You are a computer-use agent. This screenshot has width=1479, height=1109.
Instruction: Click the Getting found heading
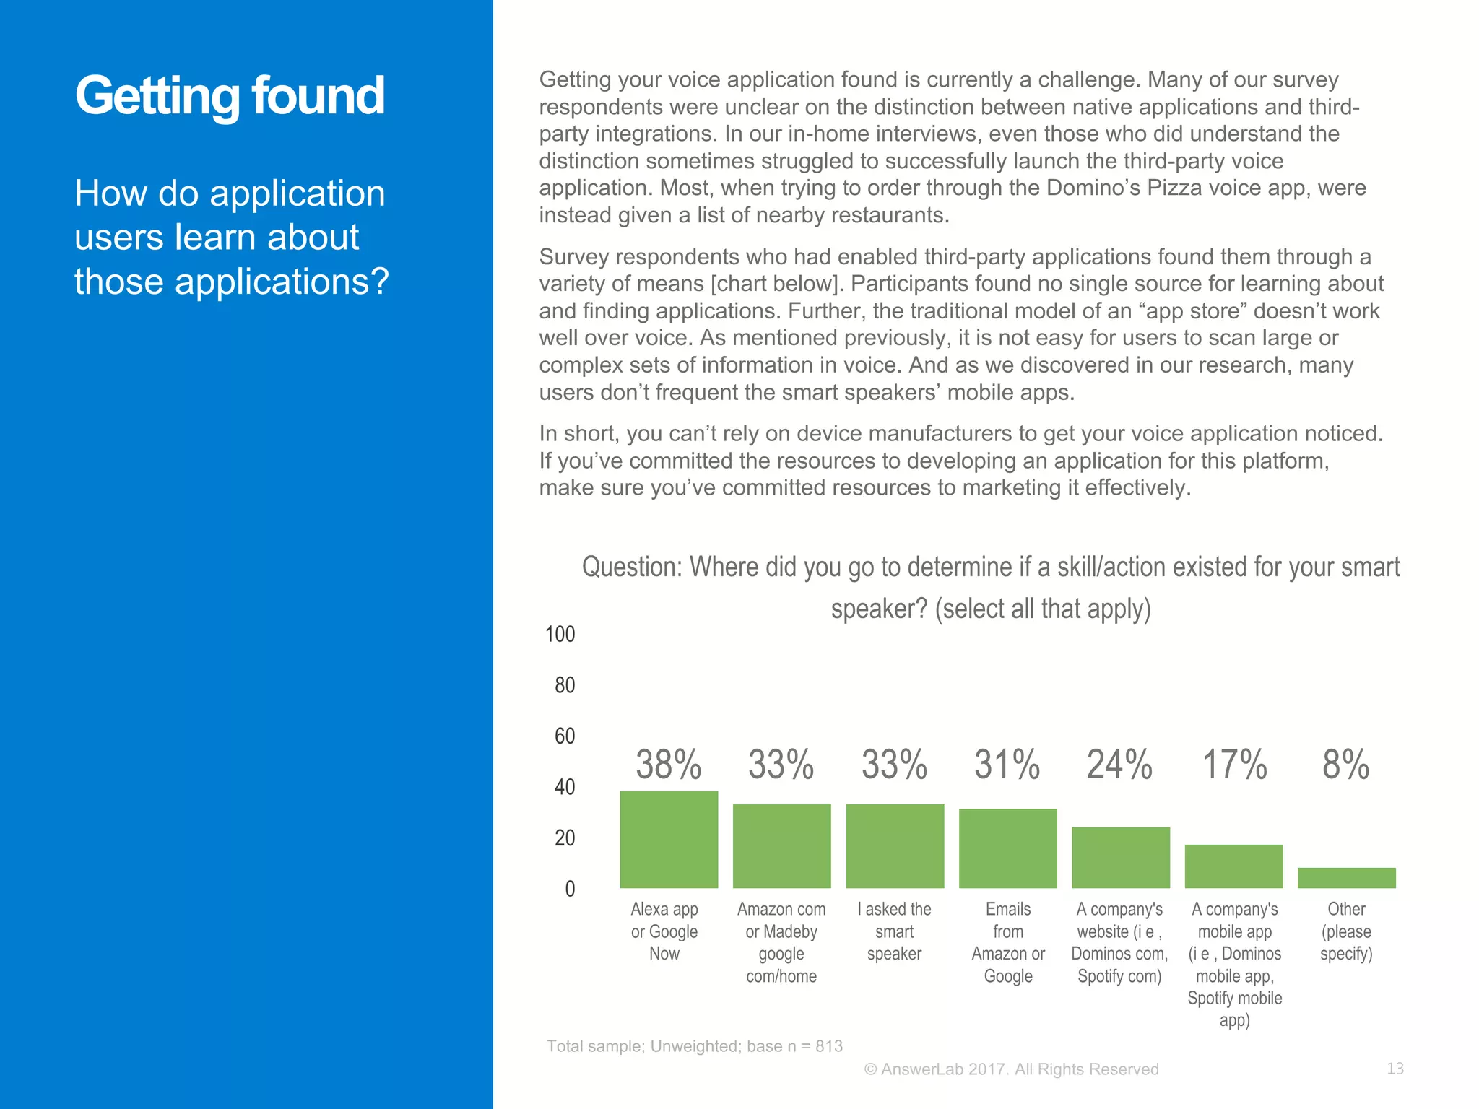point(230,97)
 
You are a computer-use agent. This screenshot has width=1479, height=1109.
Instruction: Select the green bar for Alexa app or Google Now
point(669,840)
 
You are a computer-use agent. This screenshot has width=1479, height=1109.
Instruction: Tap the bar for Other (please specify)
point(1346,878)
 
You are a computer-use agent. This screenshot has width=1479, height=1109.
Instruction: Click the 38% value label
point(669,765)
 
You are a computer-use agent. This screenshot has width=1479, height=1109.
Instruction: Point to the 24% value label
point(1120,765)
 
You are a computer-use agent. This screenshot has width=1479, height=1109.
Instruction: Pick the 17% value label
point(1234,765)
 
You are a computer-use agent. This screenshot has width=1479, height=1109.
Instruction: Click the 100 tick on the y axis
point(560,635)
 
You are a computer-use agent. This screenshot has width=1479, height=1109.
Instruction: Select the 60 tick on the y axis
point(565,736)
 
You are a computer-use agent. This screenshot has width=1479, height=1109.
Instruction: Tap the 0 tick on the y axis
point(570,889)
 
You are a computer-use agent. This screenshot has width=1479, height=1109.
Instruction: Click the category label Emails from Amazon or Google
point(1008,942)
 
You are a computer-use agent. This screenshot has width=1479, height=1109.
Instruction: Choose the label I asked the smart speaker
point(894,931)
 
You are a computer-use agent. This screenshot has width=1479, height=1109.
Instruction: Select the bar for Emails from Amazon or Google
point(1007,848)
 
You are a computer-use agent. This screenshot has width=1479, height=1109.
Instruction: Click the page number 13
point(1395,1069)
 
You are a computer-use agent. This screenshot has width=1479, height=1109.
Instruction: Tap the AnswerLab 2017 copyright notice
point(1011,1069)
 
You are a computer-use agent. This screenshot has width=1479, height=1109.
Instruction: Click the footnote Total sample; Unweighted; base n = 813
point(694,1046)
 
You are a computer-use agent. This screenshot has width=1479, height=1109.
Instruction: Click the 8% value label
point(1346,765)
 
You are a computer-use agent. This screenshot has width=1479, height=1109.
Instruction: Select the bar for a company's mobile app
point(1233,866)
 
